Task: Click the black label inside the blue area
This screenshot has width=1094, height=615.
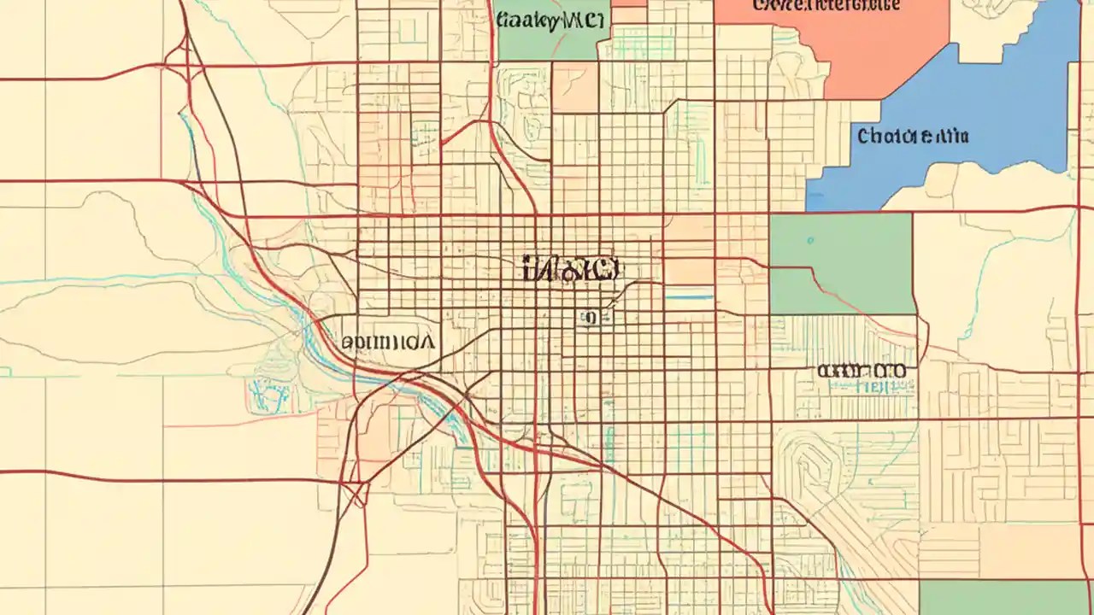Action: click(x=913, y=136)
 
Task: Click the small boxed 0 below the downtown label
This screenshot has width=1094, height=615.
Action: click(x=587, y=319)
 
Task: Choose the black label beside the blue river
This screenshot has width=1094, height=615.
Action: click(x=387, y=343)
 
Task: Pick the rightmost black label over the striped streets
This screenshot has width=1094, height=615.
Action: click(x=861, y=372)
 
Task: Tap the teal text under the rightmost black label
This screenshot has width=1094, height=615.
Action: click(x=868, y=387)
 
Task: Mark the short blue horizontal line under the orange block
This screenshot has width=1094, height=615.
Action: click(x=689, y=297)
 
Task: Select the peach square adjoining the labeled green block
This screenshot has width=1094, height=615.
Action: click(x=574, y=86)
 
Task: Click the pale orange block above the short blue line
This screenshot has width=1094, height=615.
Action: click(x=689, y=249)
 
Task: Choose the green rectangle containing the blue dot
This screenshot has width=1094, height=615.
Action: click(x=842, y=263)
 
